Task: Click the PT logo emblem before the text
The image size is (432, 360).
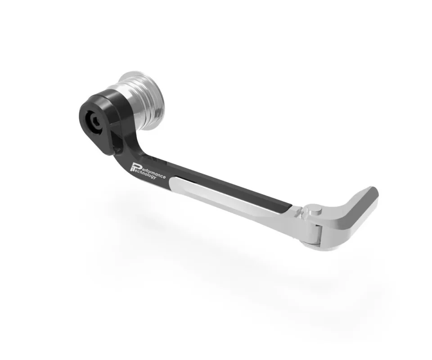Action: tap(135, 167)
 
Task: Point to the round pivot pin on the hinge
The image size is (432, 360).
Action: tap(314, 211)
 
